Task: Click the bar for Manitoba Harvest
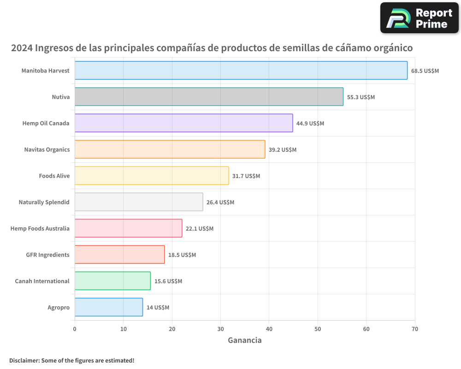coord(241,71)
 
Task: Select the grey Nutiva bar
coord(209,97)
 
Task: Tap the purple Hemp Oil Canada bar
coord(183,123)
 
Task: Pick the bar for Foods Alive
coord(152,176)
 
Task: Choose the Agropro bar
coord(109,307)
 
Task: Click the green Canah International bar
coord(112,281)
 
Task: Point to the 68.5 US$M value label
coord(425,71)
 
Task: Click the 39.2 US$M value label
coord(283,150)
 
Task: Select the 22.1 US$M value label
coord(200,229)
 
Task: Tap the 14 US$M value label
coord(158,308)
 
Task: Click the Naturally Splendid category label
coord(44,202)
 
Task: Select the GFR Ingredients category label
coord(48,255)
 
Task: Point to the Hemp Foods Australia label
coord(40,229)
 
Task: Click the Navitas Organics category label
coord(47,150)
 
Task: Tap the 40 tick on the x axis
coord(269,329)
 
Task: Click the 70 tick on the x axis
coord(415,329)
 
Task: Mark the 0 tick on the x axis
coord(75,329)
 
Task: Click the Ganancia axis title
coord(245,340)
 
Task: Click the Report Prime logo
coord(419,18)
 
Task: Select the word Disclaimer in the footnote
coord(24,361)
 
